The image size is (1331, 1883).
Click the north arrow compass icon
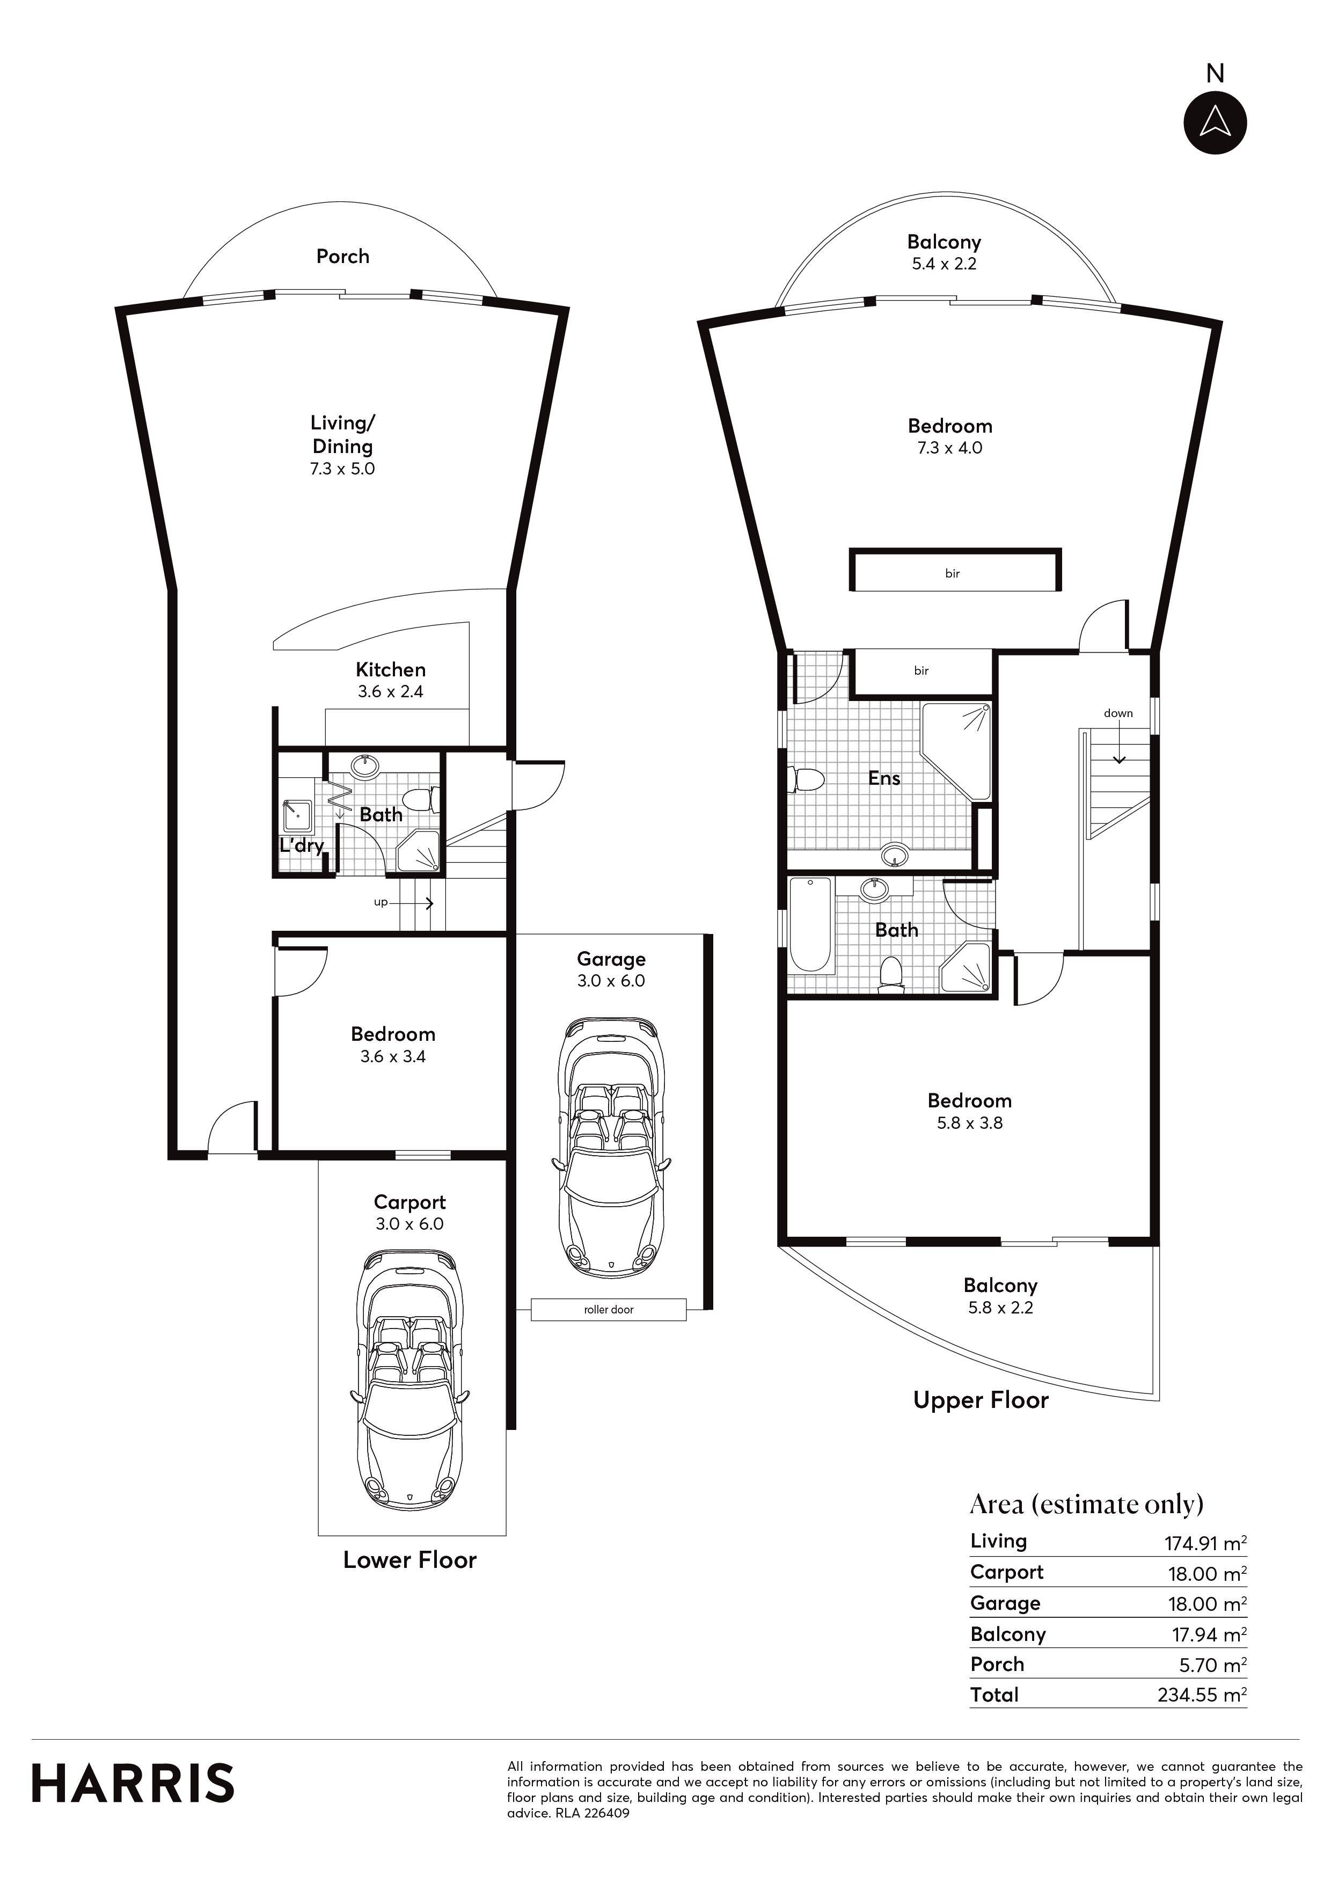[x=1215, y=123]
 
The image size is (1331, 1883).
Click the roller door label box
[x=609, y=1310]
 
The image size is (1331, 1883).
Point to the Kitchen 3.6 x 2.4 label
[x=390, y=680]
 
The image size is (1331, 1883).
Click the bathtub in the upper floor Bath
[x=810, y=925]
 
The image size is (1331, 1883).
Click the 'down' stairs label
[x=1118, y=713]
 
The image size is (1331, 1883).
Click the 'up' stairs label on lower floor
[x=381, y=902]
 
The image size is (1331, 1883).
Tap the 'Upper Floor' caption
[x=981, y=1400]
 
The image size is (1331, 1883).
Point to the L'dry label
[x=301, y=845]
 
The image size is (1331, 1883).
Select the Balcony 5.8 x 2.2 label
[x=1000, y=1296]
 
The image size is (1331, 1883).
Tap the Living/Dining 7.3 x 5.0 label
[x=343, y=446]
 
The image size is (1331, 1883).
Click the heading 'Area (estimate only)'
[x=1087, y=1504]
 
